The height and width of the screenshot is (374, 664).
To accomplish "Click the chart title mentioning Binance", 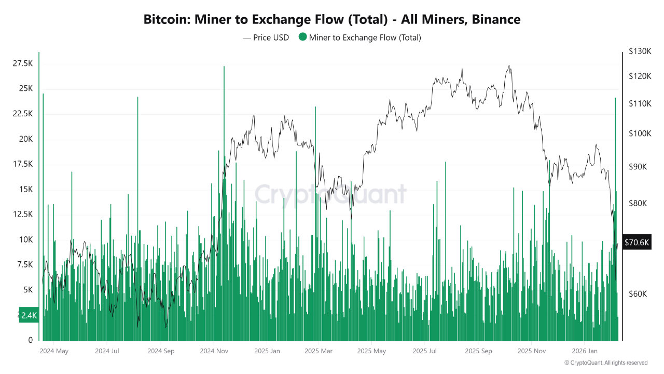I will (332, 19).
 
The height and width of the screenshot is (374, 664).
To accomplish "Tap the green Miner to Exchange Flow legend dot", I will (302, 37).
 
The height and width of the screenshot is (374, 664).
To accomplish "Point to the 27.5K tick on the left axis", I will (23, 63).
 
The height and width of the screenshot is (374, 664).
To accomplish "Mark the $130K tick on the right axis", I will (640, 51).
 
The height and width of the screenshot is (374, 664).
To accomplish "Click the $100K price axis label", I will (640, 133).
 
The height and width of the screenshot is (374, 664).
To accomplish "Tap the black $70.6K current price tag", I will (637, 243).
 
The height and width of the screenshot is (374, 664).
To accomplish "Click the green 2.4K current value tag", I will (29, 315).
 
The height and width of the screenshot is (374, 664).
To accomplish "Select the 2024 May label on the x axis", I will (54, 351).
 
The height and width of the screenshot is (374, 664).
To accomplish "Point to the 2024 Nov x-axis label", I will (214, 351).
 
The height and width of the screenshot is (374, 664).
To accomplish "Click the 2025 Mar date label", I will (319, 351).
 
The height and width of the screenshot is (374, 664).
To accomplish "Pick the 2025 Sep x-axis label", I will (478, 351).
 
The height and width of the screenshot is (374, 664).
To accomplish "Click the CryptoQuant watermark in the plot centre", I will (330, 194).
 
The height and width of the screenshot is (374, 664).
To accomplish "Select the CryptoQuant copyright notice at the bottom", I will (606, 363).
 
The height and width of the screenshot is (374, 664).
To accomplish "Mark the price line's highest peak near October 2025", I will (509, 65).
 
